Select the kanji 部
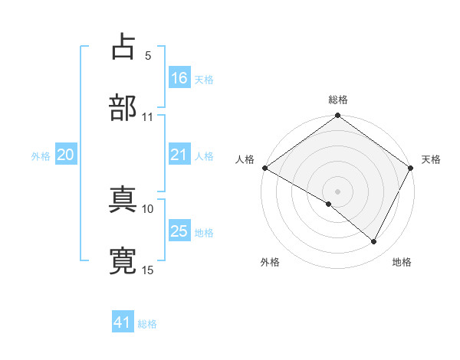pyautogui.click(x=123, y=107)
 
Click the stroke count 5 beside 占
pyautogui.click(x=147, y=55)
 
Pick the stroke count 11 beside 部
pyautogui.click(x=147, y=117)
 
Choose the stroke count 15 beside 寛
pyautogui.click(x=147, y=270)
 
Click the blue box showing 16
pyautogui.click(x=179, y=77)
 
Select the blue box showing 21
pyautogui.click(x=179, y=155)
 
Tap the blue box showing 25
pyautogui.click(x=179, y=231)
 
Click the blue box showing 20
pyautogui.click(x=66, y=155)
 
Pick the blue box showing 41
pyautogui.click(x=123, y=322)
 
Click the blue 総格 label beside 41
pyautogui.click(x=147, y=324)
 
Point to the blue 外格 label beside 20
pyautogui.click(x=41, y=156)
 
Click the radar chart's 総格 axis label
pyautogui.click(x=338, y=100)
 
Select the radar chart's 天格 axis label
pyautogui.click(x=431, y=159)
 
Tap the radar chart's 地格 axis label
pyautogui.click(x=402, y=262)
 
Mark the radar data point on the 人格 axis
pyautogui.click(x=264, y=168)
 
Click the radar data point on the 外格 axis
pyautogui.click(x=329, y=204)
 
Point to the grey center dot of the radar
pyautogui.click(x=338, y=191)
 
